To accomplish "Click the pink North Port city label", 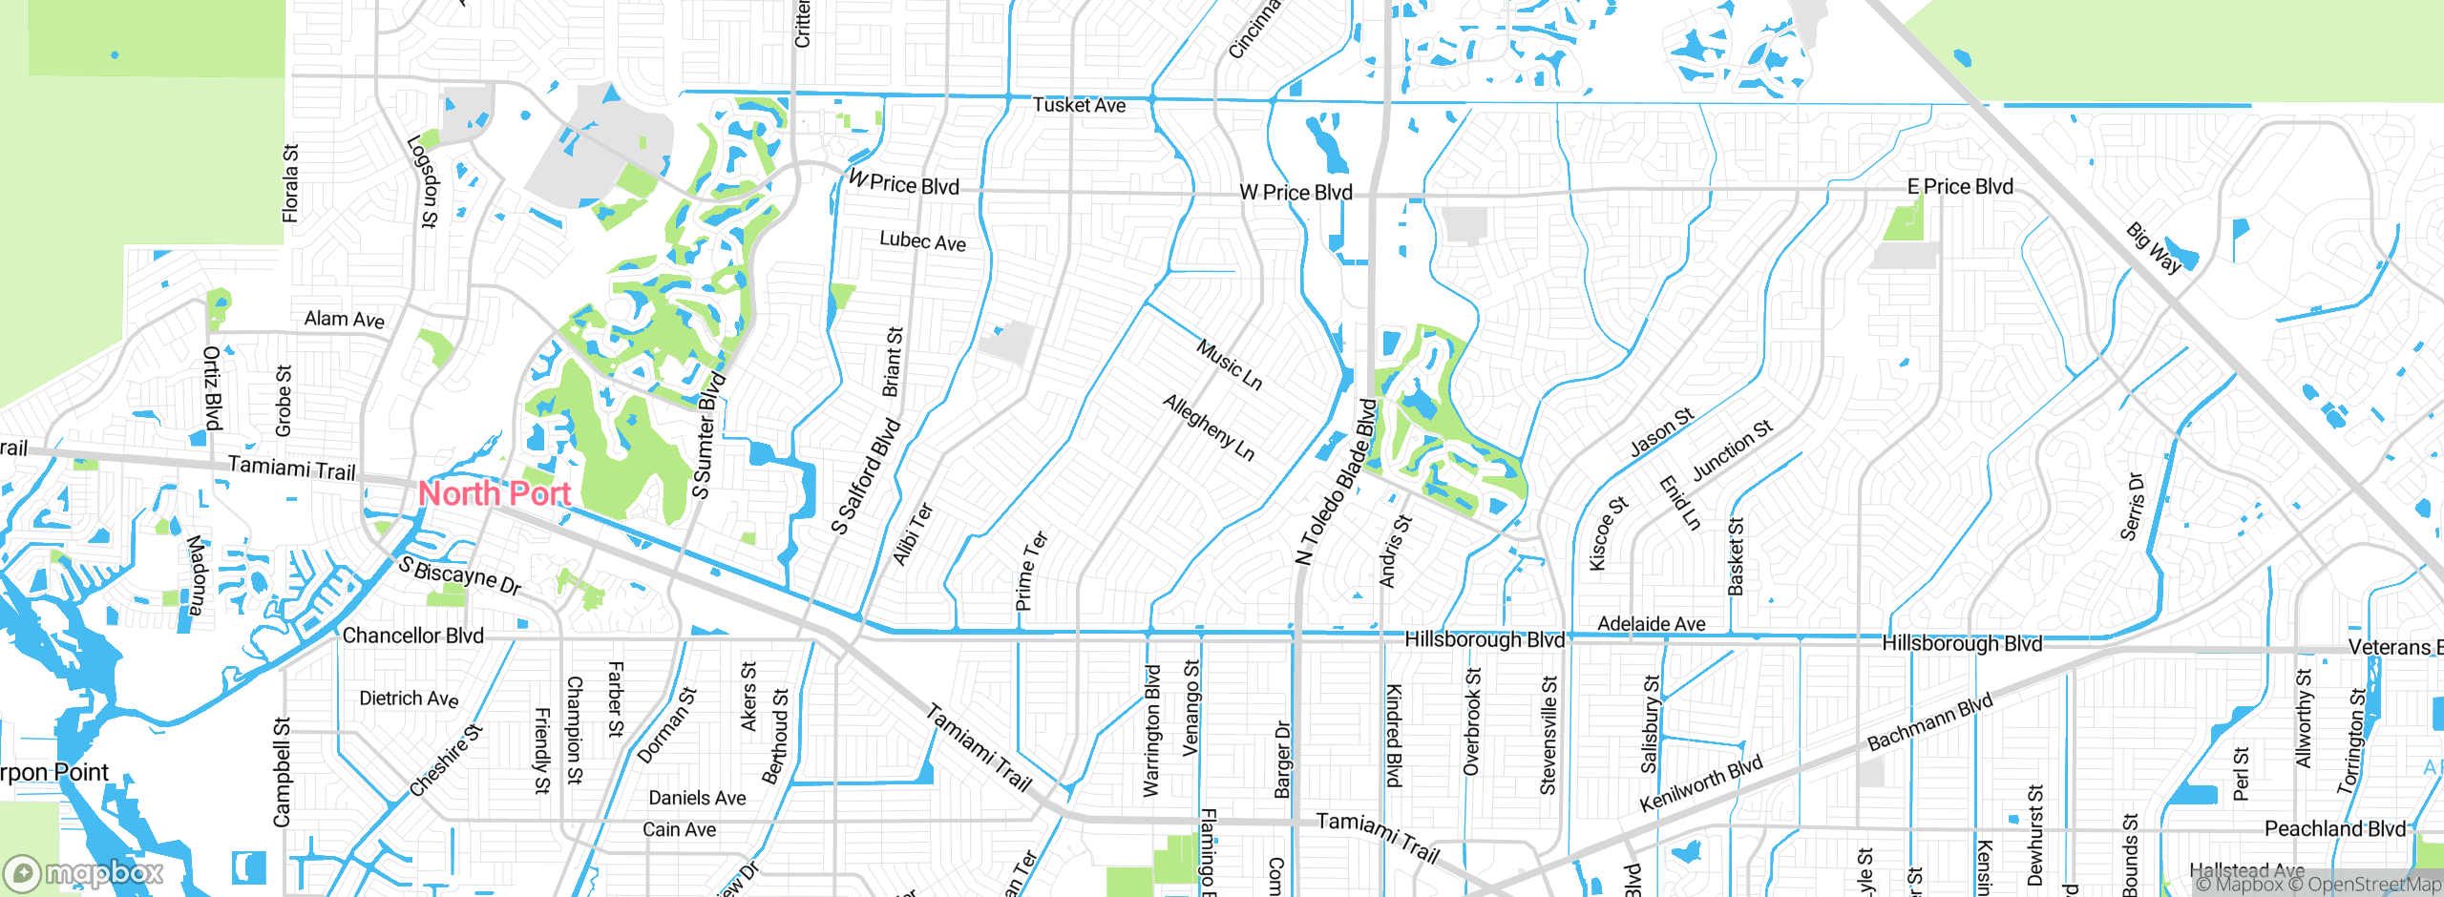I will click(495, 493).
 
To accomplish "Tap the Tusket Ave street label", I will click(1079, 105).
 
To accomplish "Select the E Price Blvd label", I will click(1960, 187).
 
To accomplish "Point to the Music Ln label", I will click(1230, 365).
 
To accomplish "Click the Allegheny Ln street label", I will click(1209, 428).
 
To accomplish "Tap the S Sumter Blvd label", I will click(708, 437).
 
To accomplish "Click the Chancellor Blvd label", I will click(412, 636).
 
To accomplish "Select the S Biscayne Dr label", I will click(460, 575).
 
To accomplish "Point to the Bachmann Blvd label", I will click(1929, 722).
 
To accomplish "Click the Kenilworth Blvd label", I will click(1700, 783).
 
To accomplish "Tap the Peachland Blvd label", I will click(2334, 828).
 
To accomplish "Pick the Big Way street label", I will click(2154, 248).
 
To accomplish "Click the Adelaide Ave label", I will click(1652, 624).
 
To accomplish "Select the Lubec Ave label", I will click(922, 240).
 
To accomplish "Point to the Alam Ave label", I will click(344, 320).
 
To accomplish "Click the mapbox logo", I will click(84, 872).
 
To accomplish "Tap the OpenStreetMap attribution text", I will click(2373, 885).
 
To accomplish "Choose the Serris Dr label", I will click(2132, 507).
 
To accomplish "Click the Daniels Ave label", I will click(697, 798).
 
